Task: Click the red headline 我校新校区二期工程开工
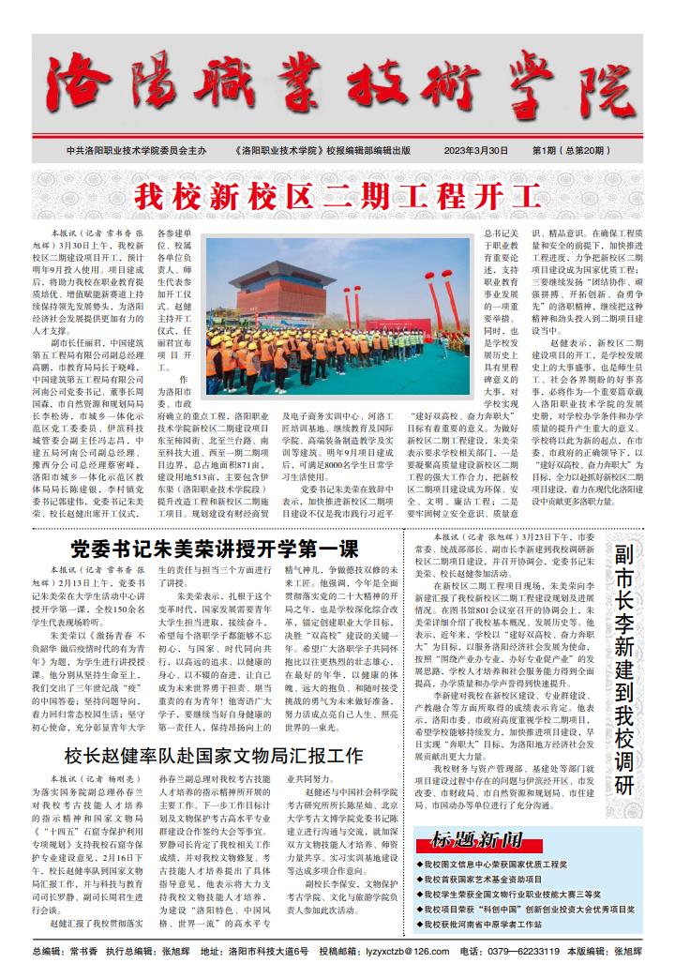click(337, 198)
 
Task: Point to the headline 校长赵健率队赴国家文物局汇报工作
click(214, 756)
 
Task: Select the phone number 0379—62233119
click(523, 951)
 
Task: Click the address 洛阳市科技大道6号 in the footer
click(266, 951)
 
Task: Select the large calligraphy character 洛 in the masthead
click(80, 89)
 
